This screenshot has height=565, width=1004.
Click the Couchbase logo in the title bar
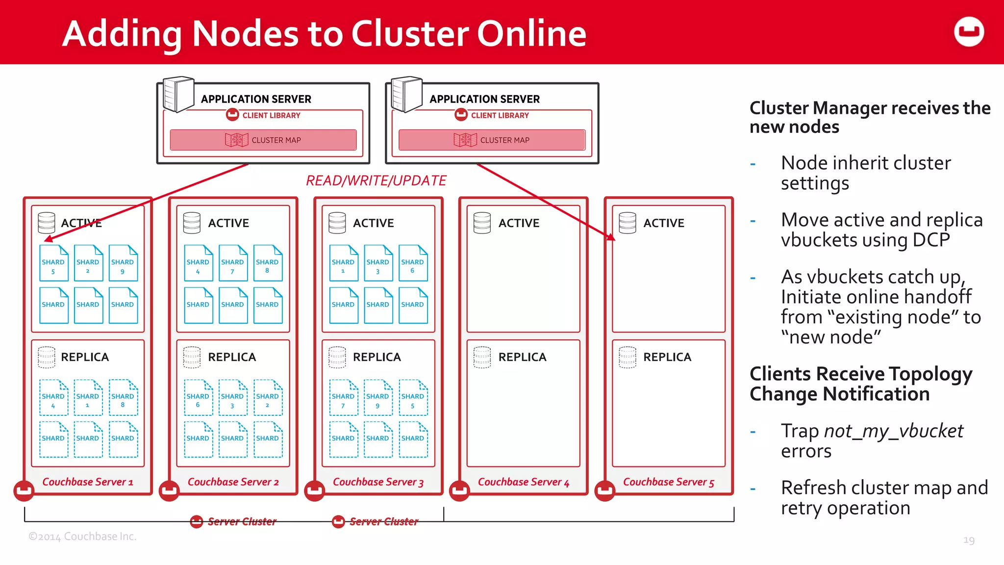click(969, 32)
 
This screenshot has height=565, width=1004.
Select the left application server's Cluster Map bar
click(263, 140)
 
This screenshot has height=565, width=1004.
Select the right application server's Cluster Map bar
click(492, 140)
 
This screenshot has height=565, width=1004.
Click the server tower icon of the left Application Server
click(178, 94)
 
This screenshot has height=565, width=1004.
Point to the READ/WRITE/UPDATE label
click(376, 181)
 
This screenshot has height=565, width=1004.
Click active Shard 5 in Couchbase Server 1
click(53, 263)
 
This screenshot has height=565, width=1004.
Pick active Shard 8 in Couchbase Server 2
click(268, 263)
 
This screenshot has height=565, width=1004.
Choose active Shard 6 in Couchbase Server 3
click(413, 263)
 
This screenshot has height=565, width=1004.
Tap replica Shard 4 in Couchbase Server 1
click(53, 398)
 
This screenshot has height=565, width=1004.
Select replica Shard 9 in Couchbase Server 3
click(378, 398)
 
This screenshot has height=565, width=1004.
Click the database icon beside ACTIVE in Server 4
click(482, 223)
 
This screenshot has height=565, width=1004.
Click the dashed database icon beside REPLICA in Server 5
click(627, 357)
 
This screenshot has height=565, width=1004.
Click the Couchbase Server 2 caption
click(233, 482)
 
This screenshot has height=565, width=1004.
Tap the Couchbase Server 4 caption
click(524, 482)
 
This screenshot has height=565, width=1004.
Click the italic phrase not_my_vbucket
click(893, 431)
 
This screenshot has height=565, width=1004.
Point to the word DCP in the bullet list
click(930, 240)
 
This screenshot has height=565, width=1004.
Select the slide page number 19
click(969, 540)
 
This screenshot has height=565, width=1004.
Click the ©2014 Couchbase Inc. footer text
click(82, 537)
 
